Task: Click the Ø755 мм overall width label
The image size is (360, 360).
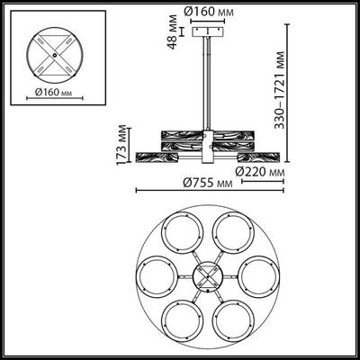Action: click(x=206, y=183)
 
